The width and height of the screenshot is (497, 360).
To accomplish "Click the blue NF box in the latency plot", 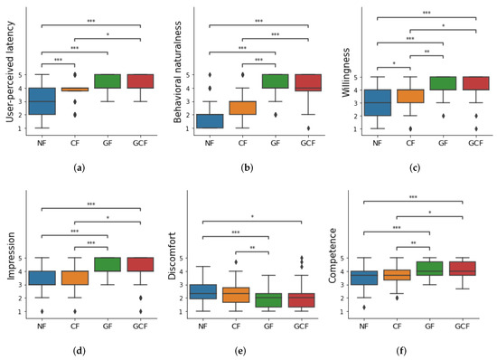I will coord(42,101).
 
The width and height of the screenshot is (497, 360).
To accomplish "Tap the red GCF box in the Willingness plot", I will coord(469,83).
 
